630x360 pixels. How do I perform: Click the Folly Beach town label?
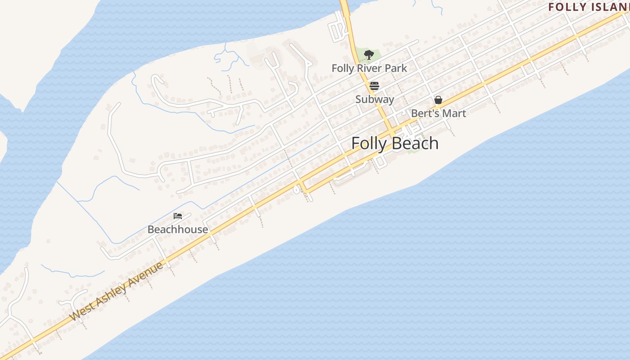(395, 143)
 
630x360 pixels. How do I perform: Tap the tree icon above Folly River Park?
(369, 55)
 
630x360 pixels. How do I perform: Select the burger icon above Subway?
(374, 86)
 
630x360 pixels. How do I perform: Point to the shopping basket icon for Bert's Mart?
(438, 100)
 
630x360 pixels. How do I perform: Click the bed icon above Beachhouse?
(178, 216)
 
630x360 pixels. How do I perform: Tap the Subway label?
(374, 99)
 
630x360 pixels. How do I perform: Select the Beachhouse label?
(178, 229)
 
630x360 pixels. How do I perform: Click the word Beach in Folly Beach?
(416, 143)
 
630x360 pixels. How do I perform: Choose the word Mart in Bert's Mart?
(454, 113)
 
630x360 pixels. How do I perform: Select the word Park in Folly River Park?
(396, 68)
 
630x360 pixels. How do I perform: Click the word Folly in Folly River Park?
(343, 68)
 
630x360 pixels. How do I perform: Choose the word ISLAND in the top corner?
(607, 7)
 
